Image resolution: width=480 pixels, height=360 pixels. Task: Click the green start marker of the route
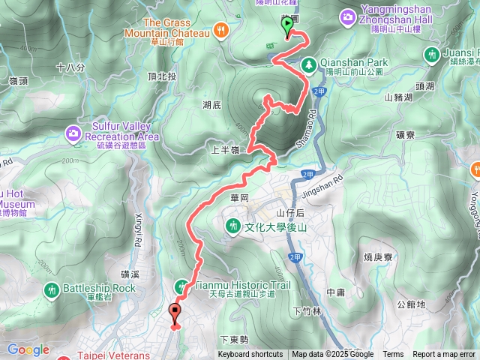(x=288, y=27)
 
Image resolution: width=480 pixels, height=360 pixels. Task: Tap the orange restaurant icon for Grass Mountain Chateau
(x=221, y=31)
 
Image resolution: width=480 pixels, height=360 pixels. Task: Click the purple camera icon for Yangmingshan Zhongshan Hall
(x=348, y=16)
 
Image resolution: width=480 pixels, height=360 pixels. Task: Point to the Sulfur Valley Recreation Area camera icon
(x=73, y=133)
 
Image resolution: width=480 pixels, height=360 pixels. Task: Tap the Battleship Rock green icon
(x=52, y=289)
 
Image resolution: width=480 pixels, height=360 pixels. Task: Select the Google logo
(x=28, y=349)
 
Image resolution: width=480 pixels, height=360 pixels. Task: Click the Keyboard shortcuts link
(x=250, y=355)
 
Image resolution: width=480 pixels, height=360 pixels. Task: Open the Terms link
(x=393, y=355)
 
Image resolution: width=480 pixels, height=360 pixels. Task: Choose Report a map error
(x=443, y=355)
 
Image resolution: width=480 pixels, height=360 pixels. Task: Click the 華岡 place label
(x=239, y=199)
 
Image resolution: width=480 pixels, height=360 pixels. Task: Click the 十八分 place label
(x=70, y=67)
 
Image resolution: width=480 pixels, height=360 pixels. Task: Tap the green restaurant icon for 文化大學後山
(x=233, y=224)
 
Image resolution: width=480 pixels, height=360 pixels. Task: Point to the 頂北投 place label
(x=162, y=76)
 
